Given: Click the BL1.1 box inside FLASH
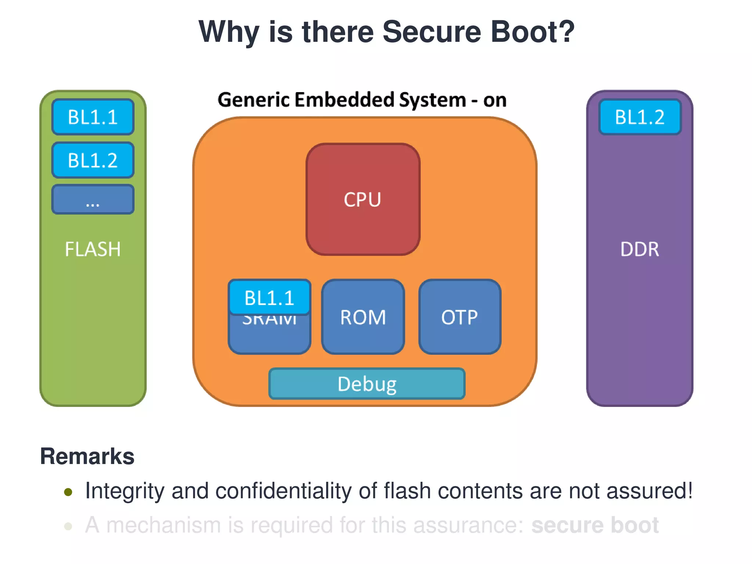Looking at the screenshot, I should (93, 117).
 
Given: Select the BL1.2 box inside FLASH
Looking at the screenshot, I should (93, 160).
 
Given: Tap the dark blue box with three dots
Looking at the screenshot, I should (93, 199).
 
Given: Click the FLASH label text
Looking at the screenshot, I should (93, 249).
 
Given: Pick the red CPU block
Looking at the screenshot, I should (363, 199).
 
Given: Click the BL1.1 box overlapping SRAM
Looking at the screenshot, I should (270, 297).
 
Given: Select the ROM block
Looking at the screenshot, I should (363, 317).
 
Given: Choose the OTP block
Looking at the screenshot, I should (460, 317).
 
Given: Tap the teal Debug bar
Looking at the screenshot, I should (367, 384).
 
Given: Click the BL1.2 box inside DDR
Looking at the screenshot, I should (640, 117).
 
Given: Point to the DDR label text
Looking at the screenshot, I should (640, 249).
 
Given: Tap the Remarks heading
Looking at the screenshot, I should (87, 456).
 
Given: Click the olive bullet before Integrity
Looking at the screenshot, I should (68, 492).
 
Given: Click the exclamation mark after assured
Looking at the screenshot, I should (690, 490).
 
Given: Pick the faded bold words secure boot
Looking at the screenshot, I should (595, 525).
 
